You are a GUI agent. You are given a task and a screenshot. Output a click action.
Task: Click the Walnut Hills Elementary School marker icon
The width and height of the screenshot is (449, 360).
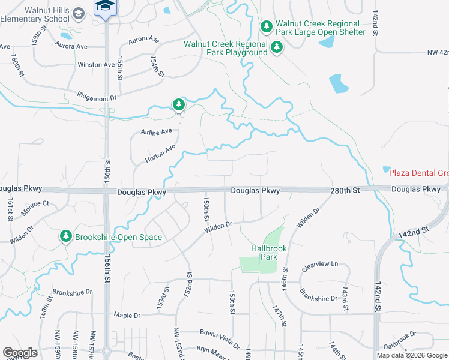(79, 13)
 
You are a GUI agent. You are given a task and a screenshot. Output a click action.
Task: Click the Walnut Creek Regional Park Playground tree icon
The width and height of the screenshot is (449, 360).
(277, 47)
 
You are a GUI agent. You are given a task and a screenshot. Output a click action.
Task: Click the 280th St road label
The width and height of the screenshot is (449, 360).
(344, 190)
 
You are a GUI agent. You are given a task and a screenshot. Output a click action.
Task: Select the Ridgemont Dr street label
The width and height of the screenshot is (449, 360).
(96, 95)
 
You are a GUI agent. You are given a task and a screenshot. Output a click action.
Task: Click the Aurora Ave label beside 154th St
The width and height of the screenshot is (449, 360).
(144, 40)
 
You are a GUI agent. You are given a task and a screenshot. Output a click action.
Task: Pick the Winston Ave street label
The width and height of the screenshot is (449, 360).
(95, 64)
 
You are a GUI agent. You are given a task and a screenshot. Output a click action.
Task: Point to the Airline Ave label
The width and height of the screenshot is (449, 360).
(156, 131)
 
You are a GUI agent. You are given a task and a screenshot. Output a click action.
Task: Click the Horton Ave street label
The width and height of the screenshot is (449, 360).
(160, 154)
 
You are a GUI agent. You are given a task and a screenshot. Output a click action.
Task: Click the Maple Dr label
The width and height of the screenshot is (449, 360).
(127, 315)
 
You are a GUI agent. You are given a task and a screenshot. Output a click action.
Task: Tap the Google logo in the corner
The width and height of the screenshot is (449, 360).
(20, 353)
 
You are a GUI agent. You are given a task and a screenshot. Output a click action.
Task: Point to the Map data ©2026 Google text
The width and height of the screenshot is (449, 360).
(412, 355)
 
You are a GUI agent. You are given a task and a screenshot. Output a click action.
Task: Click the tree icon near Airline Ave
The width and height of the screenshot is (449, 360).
(178, 105)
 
